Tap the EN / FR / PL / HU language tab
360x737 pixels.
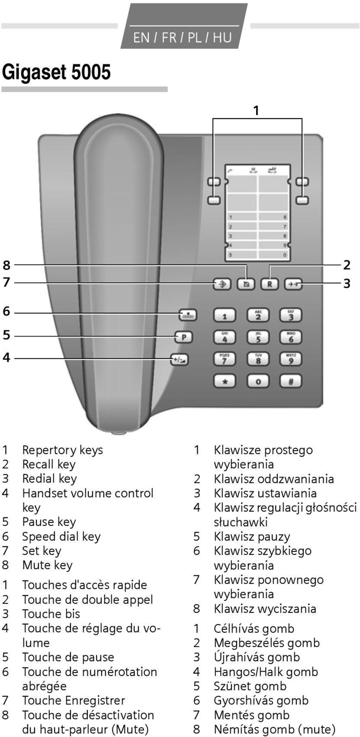tap(182, 37)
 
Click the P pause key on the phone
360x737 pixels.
tap(184, 337)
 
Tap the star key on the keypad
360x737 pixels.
tap(225, 382)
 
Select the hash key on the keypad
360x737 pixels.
tap(291, 382)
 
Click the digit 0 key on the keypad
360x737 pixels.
tap(258, 382)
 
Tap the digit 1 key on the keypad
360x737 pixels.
tap(225, 316)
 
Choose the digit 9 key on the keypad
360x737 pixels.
tap(291, 360)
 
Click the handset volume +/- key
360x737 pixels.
tap(180, 360)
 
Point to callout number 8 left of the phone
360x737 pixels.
tap(6, 265)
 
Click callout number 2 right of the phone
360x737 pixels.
tap(347, 265)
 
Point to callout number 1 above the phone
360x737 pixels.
tap(256, 111)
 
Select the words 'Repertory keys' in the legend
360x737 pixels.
tap(62, 450)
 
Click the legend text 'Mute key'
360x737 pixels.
tap(47, 565)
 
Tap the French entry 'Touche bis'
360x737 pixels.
tap(51, 614)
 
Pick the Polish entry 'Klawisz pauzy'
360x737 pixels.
tap(252, 536)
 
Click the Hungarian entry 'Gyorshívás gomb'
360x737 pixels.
tap(261, 700)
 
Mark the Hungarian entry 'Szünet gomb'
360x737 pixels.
tap(250, 686)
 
